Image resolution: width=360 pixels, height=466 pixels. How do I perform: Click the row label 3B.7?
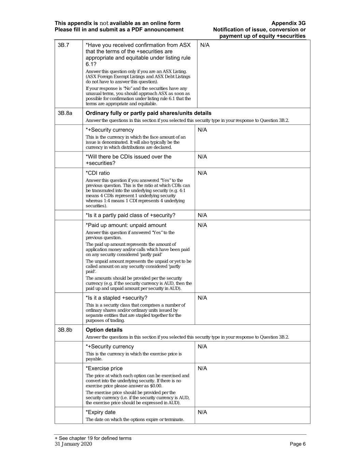63,45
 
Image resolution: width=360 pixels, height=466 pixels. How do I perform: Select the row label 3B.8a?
65,113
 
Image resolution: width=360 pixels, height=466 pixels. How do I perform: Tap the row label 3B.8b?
65,330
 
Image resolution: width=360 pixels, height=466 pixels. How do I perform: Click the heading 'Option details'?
104,330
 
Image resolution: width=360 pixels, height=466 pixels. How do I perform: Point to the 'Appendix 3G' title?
288,23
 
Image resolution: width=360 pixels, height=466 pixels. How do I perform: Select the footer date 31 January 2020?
73,444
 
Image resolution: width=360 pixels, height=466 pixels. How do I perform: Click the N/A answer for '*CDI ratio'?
202,173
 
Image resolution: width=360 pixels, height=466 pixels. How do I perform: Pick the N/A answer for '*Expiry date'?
202,412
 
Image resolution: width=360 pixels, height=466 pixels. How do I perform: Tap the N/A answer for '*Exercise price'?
202,368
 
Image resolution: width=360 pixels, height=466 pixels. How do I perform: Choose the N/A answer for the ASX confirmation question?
205,45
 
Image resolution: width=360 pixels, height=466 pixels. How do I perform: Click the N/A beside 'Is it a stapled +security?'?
202,298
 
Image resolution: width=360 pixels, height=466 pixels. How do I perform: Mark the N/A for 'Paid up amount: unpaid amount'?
202,225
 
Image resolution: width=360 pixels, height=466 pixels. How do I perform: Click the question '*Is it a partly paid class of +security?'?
130,215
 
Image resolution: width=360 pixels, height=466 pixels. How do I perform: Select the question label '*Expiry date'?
101,412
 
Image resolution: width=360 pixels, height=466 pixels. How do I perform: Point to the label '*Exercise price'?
104,368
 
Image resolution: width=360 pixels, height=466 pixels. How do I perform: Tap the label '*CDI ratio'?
98,173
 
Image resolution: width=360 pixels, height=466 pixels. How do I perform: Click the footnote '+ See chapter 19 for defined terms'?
93,438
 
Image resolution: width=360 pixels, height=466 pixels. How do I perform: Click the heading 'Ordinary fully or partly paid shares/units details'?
148,113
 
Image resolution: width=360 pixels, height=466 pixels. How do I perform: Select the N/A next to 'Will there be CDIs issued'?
202,157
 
